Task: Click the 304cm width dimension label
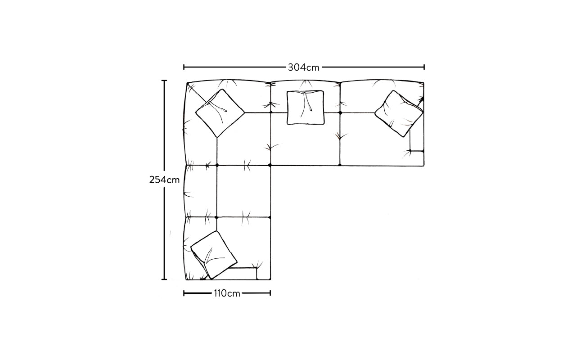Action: [303, 67]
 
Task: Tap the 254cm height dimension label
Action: [164, 180]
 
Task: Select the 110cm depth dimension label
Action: [227, 293]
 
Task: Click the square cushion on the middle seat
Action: [305, 108]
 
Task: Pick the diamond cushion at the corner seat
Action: [220, 113]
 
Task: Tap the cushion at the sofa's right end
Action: [399, 113]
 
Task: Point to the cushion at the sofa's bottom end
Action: [214, 255]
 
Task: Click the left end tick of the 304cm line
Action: [184, 67]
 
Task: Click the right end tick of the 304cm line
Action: [424, 67]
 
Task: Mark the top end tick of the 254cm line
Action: [164, 81]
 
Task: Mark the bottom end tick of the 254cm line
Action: [164, 279]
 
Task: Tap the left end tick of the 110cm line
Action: [184, 293]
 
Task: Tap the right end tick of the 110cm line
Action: [270, 293]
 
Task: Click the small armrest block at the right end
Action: [417, 140]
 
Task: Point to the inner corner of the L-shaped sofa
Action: [270, 166]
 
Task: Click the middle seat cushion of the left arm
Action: [243, 191]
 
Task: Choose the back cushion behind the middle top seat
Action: [306, 97]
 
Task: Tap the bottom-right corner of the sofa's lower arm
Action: [270, 279]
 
